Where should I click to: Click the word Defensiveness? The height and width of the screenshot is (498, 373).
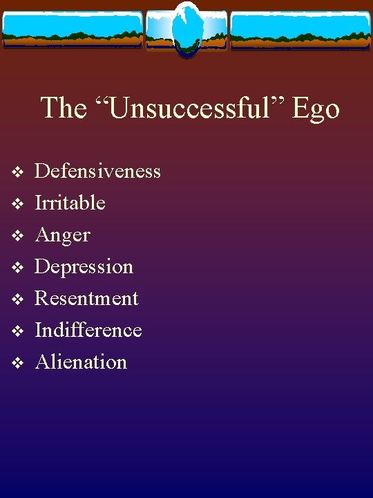[97, 171]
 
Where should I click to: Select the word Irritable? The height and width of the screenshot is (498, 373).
[70, 203]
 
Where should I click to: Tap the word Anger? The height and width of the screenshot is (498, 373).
[62, 235]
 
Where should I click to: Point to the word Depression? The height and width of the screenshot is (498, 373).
[84, 266]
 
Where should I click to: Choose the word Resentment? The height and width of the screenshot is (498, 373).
[86, 298]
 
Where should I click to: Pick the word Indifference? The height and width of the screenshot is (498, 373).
[88, 330]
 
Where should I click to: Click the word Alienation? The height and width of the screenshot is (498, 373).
[81, 362]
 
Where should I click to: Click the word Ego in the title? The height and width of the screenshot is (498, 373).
[316, 109]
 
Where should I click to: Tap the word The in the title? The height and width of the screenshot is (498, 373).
[64, 108]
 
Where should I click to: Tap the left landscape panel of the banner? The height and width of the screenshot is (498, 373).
[72, 29]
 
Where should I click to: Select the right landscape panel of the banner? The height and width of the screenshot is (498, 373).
[300, 29]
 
